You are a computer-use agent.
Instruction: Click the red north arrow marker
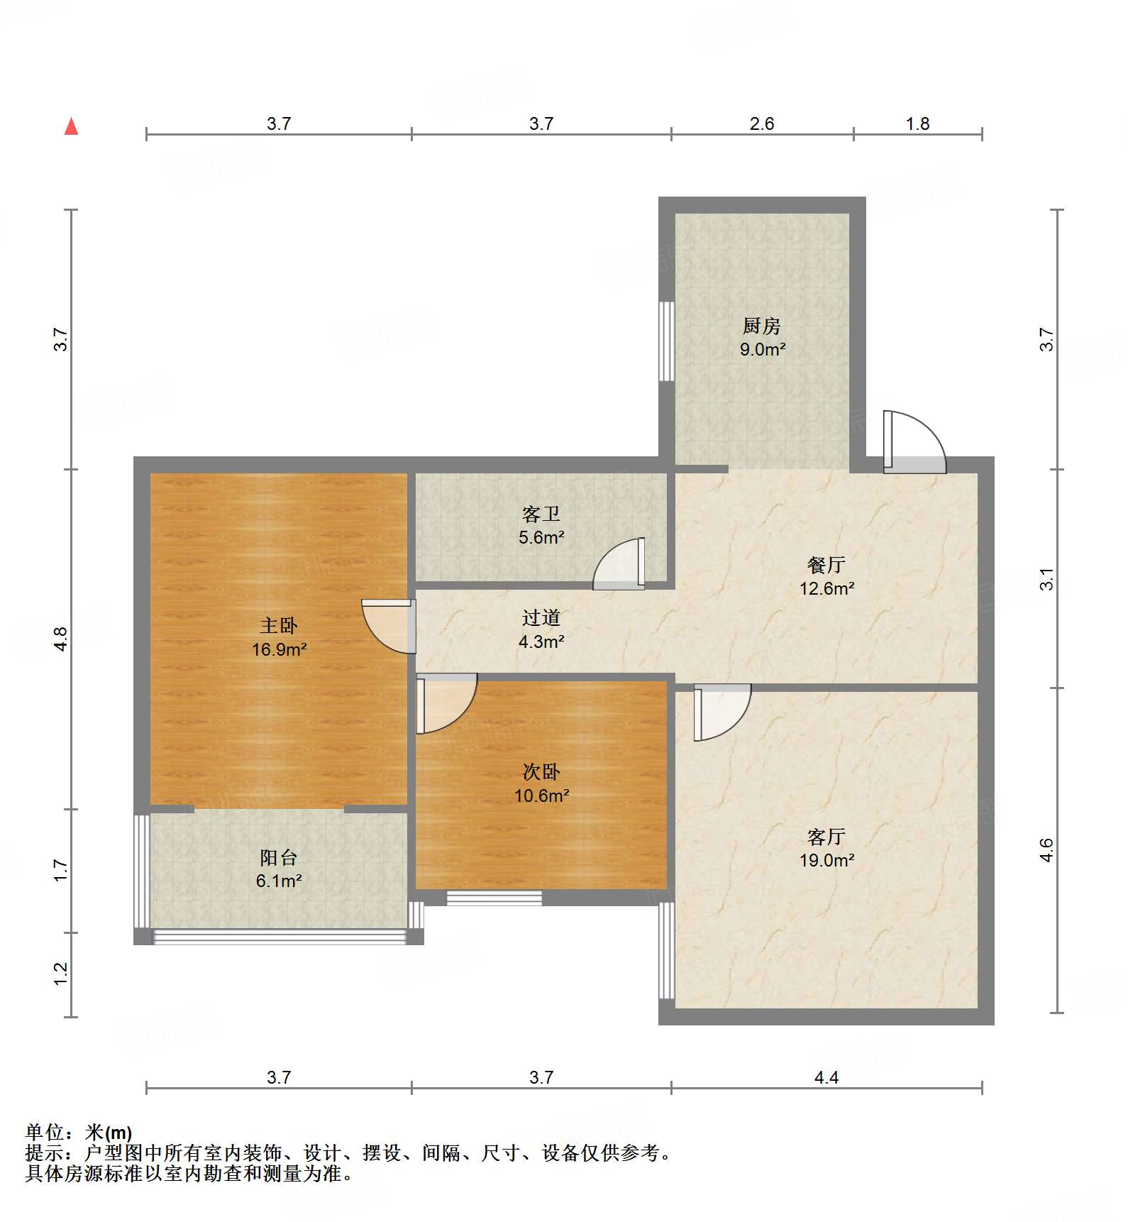(x=71, y=127)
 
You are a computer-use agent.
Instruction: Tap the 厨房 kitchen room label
(x=761, y=326)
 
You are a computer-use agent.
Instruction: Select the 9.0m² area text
(x=762, y=349)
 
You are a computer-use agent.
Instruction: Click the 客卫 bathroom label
(x=541, y=514)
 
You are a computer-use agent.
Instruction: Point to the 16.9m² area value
(x=279, y=649)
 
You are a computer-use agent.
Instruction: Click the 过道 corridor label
(x=541, y=618)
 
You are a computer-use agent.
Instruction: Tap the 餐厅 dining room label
(x=826, y=565)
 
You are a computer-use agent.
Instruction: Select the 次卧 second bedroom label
(x=541, y=771)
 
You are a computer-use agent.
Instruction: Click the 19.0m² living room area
(x=826, y=860)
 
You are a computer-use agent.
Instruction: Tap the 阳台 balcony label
(x=278, y=858)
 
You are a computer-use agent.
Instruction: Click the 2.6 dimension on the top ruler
(x=761, y=124)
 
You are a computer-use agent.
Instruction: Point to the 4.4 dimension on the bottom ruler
(x=826, y=1078)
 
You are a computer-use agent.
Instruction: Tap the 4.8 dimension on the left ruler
(x=61, y=639)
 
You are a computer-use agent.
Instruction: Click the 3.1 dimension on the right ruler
(x=1046, y=580)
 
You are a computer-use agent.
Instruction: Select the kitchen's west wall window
(x=666, y=341)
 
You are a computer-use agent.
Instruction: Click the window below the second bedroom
(x=494, y=898)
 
